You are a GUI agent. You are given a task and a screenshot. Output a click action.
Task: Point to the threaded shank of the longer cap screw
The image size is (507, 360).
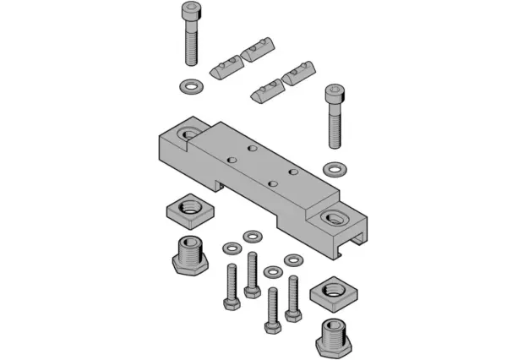point(191,47)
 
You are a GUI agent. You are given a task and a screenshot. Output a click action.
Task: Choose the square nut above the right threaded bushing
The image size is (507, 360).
point(328,295)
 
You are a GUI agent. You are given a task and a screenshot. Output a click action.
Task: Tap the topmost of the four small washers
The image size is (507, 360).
point(252,234)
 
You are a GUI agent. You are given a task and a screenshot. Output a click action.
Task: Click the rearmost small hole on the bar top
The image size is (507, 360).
point(251,148)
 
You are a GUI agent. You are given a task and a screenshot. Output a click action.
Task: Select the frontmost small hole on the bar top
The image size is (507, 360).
point(272,182)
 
